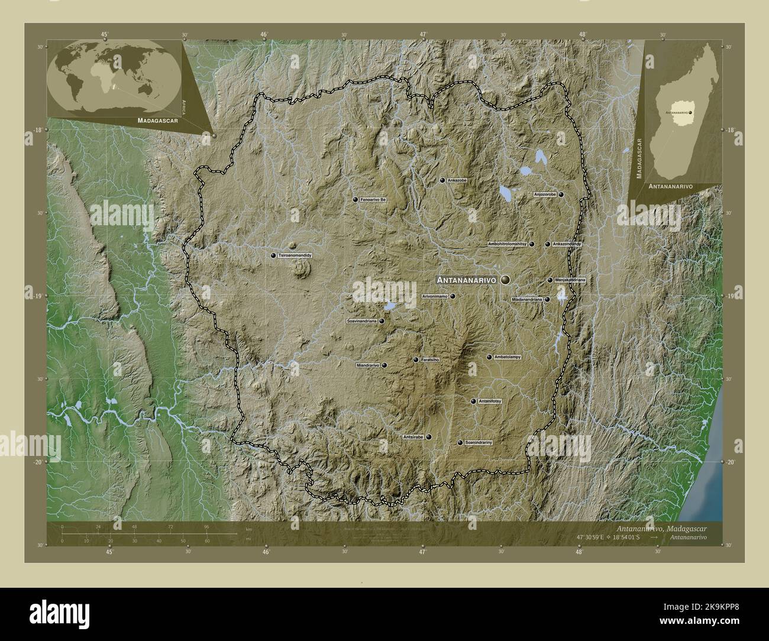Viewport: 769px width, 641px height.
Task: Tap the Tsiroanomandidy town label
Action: (295, 255)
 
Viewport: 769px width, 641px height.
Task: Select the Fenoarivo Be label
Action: (373, 200)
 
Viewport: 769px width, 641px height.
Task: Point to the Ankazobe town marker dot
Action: (442, 180)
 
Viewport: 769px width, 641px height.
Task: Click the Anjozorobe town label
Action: (545, 194)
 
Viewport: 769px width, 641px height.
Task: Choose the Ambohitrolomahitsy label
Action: (508, 244)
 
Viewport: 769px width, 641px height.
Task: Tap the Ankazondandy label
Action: (567, 244)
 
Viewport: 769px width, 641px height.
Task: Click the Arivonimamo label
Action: (435, 296)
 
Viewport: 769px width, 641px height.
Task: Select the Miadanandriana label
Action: (527, 299)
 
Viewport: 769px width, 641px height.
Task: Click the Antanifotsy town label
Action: (490, 401)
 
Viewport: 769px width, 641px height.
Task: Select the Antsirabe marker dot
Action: (429, 437)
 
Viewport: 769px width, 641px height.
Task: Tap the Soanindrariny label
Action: (479, 442)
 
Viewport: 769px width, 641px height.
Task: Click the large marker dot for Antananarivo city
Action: (505, 280)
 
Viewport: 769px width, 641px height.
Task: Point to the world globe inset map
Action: (115, 77)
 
